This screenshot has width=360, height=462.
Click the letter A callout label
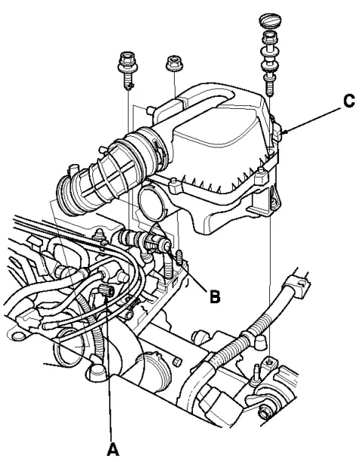[x=111, y=448]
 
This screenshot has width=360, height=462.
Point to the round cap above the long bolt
[x=270, y=17]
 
